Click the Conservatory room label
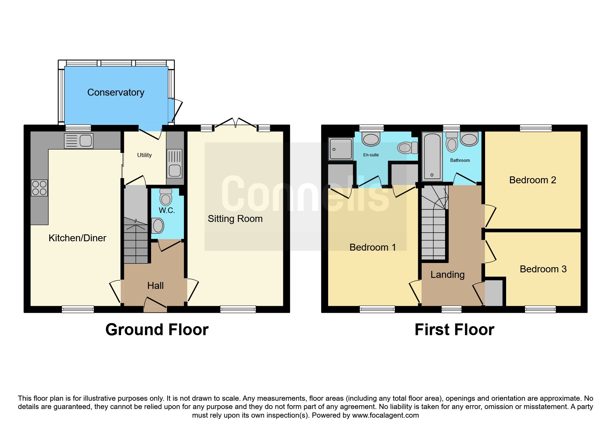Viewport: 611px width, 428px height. click(116, 93)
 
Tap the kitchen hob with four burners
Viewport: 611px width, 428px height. click(39, 188)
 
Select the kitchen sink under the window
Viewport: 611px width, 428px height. click(79, 141)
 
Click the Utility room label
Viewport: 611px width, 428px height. click(144, 155)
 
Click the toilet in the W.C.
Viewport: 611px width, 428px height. click(166, 197)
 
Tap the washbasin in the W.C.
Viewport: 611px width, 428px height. click(158, 226)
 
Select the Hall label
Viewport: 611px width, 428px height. click(155, 286)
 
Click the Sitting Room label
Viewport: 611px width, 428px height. click(235, 219)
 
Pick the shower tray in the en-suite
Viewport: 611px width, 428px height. click(341, 149)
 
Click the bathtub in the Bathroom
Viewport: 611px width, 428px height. click(432, 157)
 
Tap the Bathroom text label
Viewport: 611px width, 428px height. click(460, 160)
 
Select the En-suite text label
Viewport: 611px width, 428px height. click(371, 155)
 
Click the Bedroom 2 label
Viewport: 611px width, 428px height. click(533, 180)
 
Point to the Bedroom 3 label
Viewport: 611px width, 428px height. click(543, 269)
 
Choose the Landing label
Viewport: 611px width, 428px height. click(447, 275)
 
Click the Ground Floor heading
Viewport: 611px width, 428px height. click(157, 330)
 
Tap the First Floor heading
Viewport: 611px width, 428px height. click(454, 330)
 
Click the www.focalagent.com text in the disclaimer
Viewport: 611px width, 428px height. click(385, 415)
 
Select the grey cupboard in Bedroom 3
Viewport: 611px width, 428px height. click(494, 293)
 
